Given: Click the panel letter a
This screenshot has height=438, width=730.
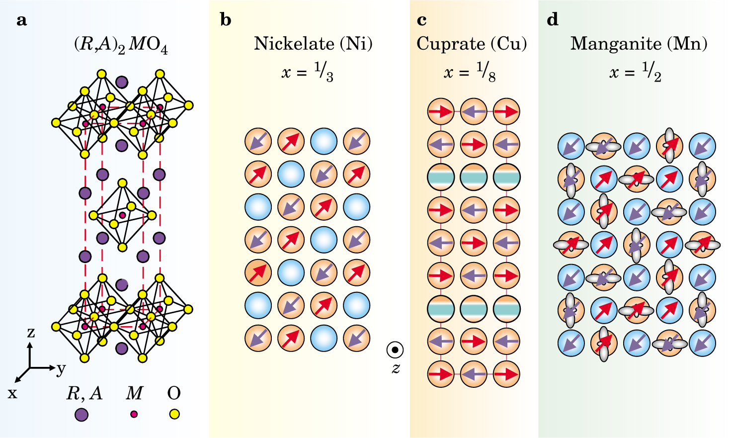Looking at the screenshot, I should (21, 20).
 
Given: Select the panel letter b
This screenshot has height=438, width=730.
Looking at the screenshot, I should (226, 20).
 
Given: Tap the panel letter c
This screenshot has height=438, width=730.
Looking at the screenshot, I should (422, 20).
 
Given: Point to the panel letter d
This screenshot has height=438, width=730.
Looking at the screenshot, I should (552, 20).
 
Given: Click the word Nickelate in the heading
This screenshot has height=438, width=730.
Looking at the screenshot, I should (294, 44).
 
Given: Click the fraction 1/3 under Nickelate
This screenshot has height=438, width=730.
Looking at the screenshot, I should (324, 73).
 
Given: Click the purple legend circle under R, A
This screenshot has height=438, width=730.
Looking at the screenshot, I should (81, 414).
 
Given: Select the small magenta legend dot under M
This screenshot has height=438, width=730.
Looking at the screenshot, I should (134, 414).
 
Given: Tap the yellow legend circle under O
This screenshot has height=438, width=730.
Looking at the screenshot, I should (174, 414).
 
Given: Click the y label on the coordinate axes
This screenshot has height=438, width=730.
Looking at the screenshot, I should (61, 369).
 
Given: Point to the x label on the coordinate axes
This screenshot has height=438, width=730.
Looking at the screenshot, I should (12, 394).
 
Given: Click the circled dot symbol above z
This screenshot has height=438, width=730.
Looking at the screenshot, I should (395, 350).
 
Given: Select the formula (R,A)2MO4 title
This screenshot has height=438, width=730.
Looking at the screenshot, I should (121, 46).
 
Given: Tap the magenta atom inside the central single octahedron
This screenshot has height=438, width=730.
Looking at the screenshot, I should (122, 215).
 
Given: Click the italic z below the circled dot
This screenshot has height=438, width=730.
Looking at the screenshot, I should (396, 368).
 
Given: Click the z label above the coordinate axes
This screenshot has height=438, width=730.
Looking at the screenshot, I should (31, 332).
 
